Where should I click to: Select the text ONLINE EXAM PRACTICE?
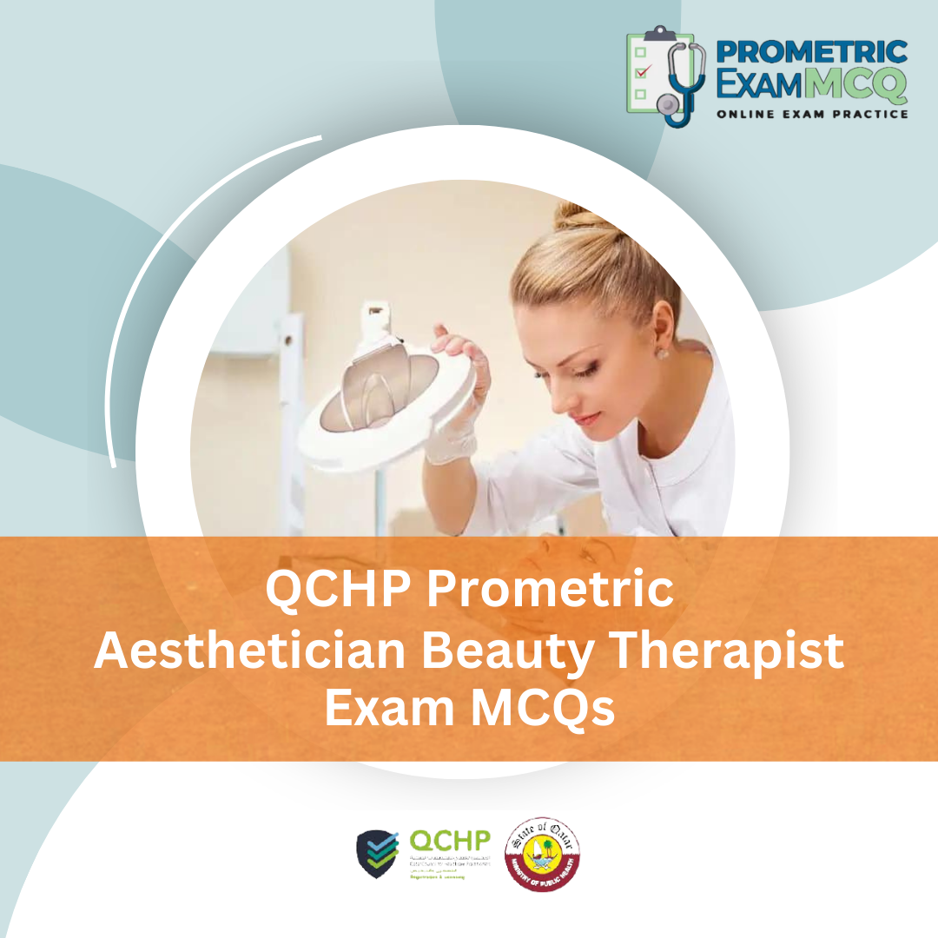pyautogui.click(x=812, y=114)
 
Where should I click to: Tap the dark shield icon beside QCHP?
pyautogui.click(x=379, y=854)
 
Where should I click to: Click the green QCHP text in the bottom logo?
pyautogui.click(x=449, y=841)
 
